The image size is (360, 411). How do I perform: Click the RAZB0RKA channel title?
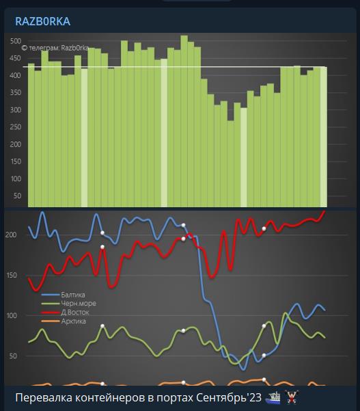[42, 21]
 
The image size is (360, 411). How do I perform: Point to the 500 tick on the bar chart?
[16, 41]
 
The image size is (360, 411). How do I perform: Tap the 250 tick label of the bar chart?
[16, 127]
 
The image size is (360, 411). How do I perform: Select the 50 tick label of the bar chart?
[17, 196]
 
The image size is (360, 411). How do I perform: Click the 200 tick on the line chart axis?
[11, 235]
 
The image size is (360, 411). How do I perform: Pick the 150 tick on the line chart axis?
[11, 275]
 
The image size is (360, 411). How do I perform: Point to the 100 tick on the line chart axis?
[11, 315]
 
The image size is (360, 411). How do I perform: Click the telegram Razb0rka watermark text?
[55, 48]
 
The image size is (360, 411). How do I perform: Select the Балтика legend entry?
[63, 295]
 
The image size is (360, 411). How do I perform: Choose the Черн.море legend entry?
[69, 304]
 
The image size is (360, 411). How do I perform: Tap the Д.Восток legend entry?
[65, 313]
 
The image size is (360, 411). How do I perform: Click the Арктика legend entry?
[64, 321]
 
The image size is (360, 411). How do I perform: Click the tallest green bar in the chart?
[184, 121]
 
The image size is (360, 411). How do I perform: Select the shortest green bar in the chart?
[231, 164]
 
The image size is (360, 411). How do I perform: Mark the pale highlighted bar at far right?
[324, 137]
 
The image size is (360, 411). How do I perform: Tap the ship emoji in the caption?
[273, 397]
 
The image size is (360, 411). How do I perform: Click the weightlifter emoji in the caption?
[292, 397]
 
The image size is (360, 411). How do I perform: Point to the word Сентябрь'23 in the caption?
[229, 397]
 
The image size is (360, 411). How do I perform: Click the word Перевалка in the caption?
[44, 398]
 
